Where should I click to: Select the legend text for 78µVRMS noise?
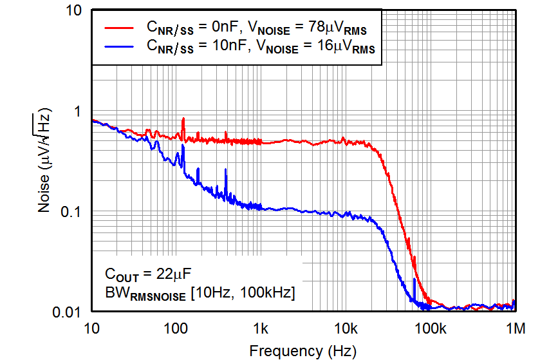(x=257, y=28)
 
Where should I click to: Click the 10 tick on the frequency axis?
(x=91, y=329)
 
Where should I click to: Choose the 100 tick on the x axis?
(x=176, y=329)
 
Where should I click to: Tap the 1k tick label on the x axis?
(x=261, y=329)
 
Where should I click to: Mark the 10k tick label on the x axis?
(x=346, y=329)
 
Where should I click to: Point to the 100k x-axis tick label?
(x=430, y=329)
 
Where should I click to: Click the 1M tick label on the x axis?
(x=515, y=329)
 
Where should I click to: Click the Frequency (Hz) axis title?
(x=302, y=350)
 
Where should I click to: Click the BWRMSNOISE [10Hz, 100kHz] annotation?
(x=200, y=293)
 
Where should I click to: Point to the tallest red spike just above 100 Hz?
(x=183, y=120)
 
